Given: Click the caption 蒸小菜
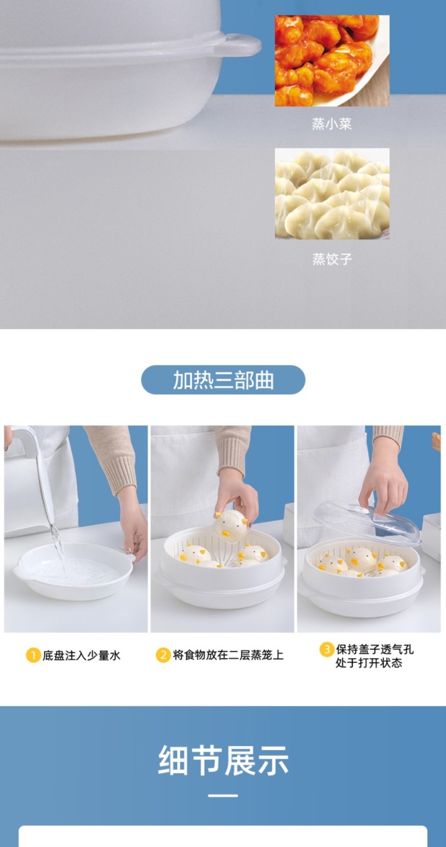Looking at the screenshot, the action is [332, 124].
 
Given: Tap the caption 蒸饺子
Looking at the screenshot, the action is [332, 259].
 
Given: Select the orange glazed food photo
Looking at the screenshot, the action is [332, 61].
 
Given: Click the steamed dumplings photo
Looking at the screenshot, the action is [332, 194].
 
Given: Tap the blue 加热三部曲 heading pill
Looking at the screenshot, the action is [223, 380].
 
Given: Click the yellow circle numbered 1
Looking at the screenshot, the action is [33, 655].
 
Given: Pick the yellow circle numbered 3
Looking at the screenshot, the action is [326, 649].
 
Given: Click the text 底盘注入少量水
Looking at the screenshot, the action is [81, 655].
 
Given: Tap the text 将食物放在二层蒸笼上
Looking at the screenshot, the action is [228, 655].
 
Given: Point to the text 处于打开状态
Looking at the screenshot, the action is [369, 663].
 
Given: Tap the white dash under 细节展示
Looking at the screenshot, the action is [223, 795].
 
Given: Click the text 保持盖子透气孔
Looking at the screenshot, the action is [375, 649].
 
